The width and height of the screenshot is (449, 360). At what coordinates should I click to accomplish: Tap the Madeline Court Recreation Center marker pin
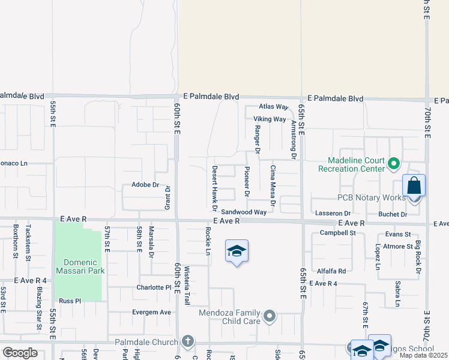pyautogui.click(x=394, y=163)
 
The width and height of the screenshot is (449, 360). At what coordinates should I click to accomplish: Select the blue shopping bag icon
pyautogui.click(x=414, y=185)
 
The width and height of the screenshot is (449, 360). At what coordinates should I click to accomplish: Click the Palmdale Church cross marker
pyautogui.click(x=188, y=341)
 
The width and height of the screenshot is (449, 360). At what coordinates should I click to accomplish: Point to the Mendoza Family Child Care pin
pyautogui.click(x=270, y=315)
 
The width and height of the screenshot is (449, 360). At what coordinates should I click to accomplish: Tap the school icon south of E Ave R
pyautogui.click(x=237, y=251)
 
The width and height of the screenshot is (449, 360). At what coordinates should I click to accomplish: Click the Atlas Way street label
pyautogui.click(x=274, y=106)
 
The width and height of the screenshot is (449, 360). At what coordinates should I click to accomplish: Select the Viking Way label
pyautogui.click(x=270, y=119)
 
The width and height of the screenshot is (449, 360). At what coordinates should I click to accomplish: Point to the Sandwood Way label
pyautogui.click(x=243, y=212)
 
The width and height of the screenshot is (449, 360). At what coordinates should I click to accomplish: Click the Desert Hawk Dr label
pyautogui.click(x=214, y=188)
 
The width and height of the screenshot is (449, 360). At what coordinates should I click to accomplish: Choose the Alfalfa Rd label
pyautogui.click(x=332, y=271)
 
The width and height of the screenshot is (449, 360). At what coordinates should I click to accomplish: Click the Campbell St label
pyautogui.click(x=338, y=233)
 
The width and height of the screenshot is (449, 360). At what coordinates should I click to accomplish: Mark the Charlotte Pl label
pyautogui.click(x=154, y=287)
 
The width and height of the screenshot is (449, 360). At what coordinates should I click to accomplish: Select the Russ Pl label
pyautogui.click(x=70, y=301)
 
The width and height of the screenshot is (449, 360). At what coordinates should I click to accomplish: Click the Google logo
pyautogui.click(x=20, y=353)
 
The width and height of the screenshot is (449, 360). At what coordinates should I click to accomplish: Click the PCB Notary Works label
pyautogui.click(x=371, y=197)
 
